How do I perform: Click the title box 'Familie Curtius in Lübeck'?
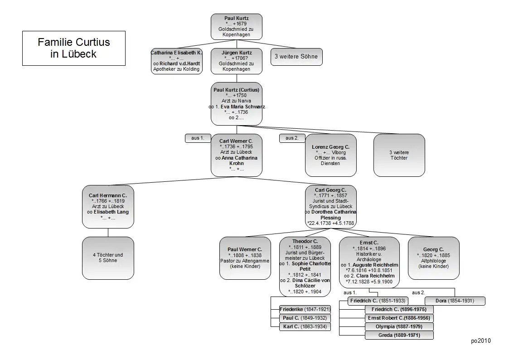74,48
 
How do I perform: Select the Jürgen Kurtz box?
237,61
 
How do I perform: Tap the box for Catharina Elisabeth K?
176,61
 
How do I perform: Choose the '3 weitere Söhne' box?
296,57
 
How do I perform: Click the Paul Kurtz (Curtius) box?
237,104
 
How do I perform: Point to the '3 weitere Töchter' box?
399,155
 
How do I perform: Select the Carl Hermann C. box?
108,206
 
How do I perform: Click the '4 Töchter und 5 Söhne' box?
108,258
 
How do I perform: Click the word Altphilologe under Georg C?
433,261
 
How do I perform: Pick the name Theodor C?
305,241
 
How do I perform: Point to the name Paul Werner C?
245,249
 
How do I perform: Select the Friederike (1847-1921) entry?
305,309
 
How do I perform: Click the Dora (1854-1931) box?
455,301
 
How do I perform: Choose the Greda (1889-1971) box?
399,335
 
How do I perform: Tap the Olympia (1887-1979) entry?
399,326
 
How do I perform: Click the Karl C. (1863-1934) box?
305,326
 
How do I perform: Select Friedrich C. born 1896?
399,309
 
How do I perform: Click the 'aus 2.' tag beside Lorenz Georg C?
292,138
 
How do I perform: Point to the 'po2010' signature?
481,341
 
